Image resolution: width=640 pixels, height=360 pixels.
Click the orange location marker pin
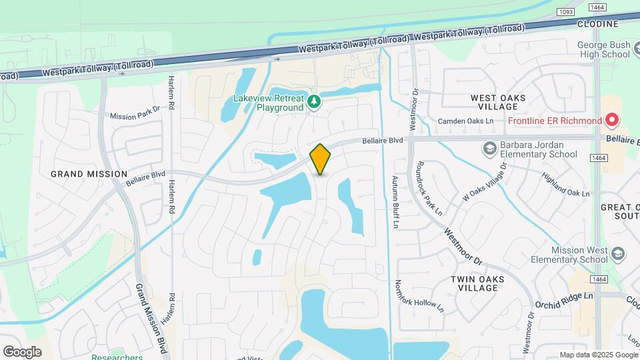coord(321,159)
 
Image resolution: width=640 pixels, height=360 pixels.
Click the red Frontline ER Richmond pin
coord(612,121)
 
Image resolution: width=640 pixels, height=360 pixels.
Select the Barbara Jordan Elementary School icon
coord(490,148)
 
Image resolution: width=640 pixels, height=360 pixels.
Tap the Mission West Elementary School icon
coord(618,253)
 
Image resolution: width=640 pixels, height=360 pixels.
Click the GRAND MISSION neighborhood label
coord(89,174)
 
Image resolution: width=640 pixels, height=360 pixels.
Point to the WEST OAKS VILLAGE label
coord(498,102)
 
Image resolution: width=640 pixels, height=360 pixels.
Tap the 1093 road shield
coord(566,11)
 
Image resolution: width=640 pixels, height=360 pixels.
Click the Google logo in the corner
coord(22,351)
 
